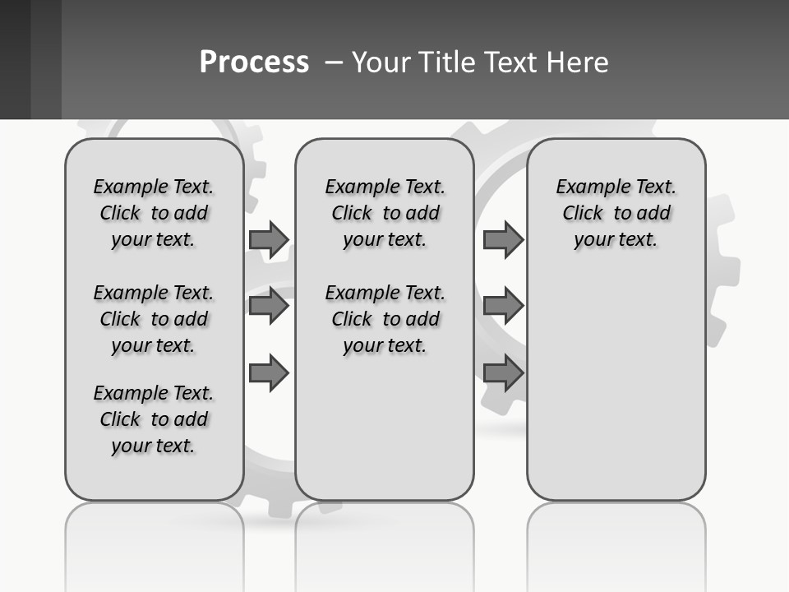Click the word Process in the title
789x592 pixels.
point(254,62)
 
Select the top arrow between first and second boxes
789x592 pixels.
point(269,239)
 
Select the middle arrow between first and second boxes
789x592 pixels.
point(269,306)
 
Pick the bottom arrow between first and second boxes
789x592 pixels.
point(269,373)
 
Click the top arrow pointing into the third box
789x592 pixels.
point(503,239)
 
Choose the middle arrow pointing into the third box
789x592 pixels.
point(503,306)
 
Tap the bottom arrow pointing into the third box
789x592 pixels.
point(503,373)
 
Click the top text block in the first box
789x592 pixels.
point(154,213)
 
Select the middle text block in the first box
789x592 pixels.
point(154,319)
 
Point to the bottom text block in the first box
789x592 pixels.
point(154,419)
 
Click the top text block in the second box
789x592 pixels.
point(385,213)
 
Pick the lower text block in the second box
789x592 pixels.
point(385,319)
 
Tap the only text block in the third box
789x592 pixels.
point(616,213)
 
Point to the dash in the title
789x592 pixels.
point(334,62)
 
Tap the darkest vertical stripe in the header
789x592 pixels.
point(15,59)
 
